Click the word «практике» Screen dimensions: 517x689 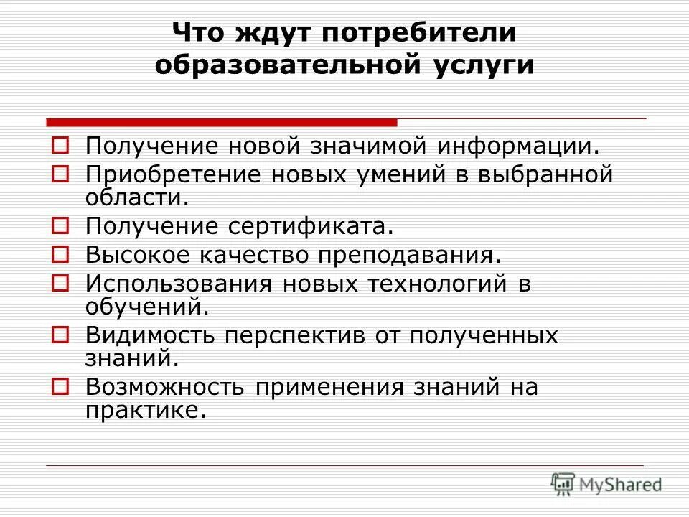pos(140,411)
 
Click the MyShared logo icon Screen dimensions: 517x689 pos(563,484)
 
